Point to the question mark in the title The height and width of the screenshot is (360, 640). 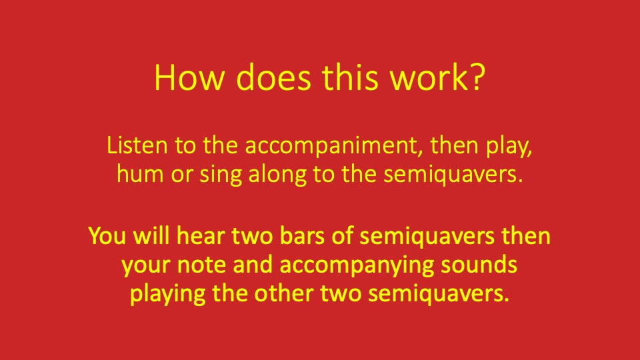click(475, 78)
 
